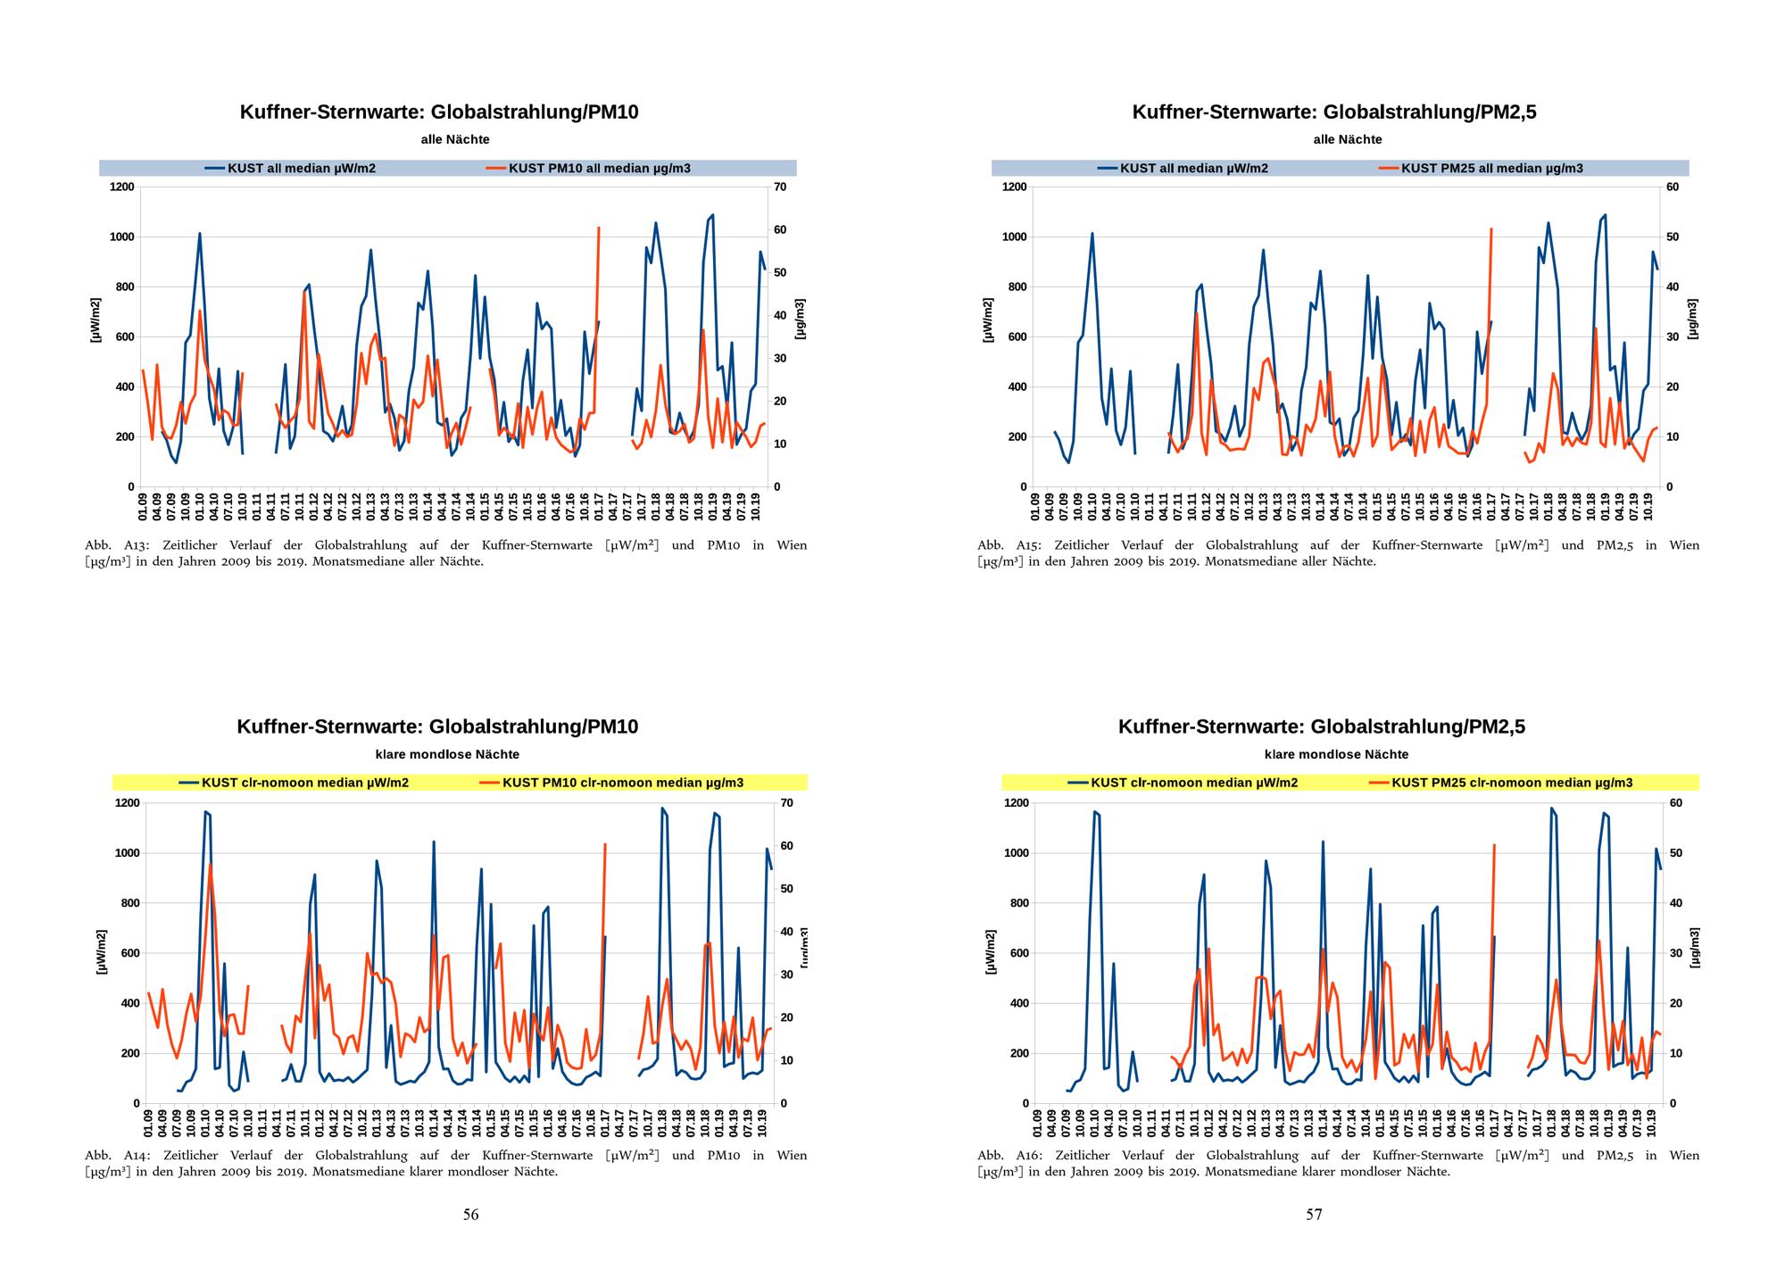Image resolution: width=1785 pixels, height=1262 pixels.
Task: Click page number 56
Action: point(470,1214)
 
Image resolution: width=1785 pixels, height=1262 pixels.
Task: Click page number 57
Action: point(1314,1214)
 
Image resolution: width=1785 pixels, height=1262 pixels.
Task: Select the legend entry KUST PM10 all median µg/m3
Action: point(599,168)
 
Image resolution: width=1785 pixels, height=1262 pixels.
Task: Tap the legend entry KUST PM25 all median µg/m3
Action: point(1491,168)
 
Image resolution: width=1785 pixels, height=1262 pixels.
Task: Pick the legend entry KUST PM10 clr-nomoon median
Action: point(622,783)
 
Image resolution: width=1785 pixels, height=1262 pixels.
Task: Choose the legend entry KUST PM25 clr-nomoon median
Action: point(1512,783)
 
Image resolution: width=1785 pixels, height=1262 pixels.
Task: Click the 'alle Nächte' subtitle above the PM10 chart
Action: point(455,139)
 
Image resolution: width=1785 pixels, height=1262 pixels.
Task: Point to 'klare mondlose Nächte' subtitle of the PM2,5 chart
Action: point(1336,754)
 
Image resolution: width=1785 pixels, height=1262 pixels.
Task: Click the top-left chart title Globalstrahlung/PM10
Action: point(439,112)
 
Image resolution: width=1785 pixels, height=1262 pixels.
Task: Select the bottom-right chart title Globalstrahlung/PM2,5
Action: point(1322,727)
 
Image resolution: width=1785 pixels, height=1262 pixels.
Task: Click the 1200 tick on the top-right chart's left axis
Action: point(1015,187)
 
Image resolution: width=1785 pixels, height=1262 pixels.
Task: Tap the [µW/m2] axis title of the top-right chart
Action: point(988,320)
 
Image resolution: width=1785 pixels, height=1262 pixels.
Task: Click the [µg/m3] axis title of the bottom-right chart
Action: point(1693,947)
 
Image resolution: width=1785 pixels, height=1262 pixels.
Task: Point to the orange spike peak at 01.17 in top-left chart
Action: point(598,228)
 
